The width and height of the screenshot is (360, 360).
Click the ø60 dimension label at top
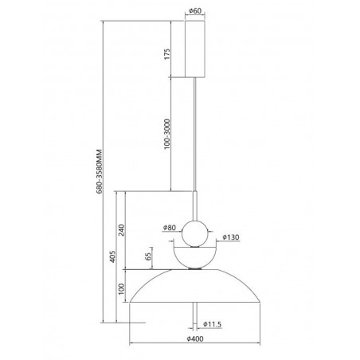point(195,11)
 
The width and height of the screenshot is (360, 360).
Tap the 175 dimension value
point(167,54)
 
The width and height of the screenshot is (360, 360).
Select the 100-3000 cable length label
point(167,134)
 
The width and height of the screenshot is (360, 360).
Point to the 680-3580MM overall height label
point(99,171)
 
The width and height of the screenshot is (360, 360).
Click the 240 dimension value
point(121,230)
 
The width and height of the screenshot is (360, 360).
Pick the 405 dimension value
point(113,256)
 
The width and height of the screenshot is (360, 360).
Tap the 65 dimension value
point(148,256)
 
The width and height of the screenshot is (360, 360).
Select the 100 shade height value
point(121,288)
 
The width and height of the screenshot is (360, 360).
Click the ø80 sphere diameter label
point(170,228)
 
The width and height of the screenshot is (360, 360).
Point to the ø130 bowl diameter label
point(231,237)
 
